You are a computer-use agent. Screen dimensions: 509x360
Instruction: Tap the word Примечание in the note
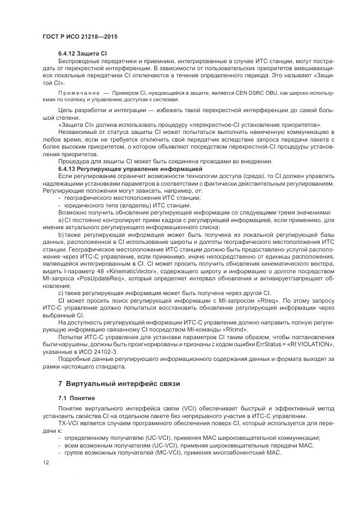click(x=76, y=93)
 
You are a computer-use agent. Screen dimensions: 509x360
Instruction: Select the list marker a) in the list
click(x=61, y=219)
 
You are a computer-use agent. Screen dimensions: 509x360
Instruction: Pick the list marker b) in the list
click(x=61, y=233)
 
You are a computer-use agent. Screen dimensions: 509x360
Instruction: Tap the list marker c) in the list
click(x=60, y=293)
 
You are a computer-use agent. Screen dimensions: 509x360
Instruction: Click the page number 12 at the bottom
click(x=45, y=463)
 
